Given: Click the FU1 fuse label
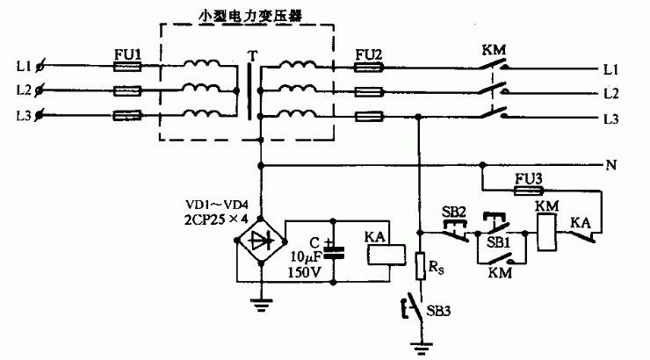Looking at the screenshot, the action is tap(127, 54).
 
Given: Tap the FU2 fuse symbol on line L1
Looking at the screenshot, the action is tap(368, 68).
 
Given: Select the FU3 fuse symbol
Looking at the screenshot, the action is tap(529, 191).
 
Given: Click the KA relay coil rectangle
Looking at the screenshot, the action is tap(386, 255).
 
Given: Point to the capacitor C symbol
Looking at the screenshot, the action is tap(334, 253).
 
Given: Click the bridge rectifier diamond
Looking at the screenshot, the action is tap(261, 241).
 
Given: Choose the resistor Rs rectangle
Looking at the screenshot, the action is tap(420, 265).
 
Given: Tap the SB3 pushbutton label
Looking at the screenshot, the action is tap(438, 311).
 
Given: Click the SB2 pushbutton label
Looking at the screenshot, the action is tap(453, 212).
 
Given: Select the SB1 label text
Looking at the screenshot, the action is tap(498, 242).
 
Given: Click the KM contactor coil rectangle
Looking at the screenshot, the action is tap(546, 234).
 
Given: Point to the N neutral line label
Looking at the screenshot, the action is tap(611, 166).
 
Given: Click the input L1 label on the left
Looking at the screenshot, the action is tap(24, 66).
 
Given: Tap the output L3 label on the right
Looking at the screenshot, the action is tap(610, 119).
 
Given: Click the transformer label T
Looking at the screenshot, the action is tap(252, 55).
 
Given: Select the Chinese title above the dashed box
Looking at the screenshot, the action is tap(250, 16).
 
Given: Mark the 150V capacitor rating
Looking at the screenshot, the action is tap(305, 272).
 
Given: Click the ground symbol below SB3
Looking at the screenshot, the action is tap(422, 347).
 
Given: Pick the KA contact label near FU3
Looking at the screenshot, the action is tap(580, 223).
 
